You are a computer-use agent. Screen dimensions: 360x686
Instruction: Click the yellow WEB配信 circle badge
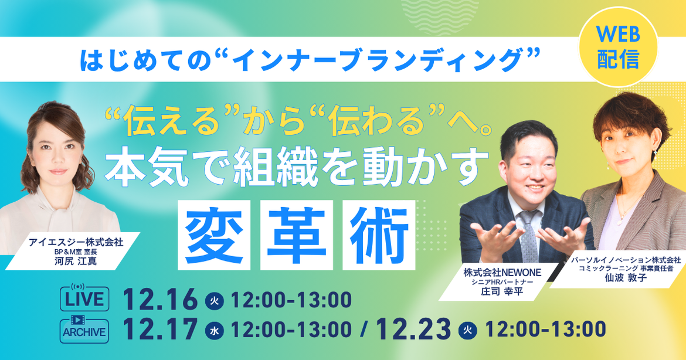click(x=618, y=46)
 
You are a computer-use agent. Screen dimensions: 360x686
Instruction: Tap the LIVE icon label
click(x=84, y=298)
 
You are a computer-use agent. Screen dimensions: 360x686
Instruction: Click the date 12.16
click(x=160, y=300)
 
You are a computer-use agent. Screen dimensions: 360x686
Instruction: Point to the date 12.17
click(x=160, y=330)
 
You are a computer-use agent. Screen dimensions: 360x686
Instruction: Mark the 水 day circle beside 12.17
click(x=215, y=331)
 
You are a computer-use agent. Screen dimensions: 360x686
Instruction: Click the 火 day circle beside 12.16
click(x=214, y=301)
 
